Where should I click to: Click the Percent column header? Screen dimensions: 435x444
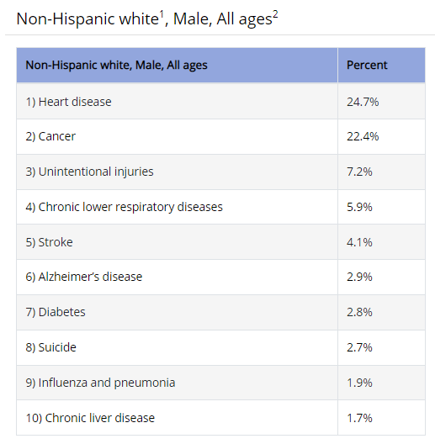(x=367, y=65)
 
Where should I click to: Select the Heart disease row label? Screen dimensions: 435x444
(x=68, y=102)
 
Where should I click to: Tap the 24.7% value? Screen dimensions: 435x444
(x=363, y=102)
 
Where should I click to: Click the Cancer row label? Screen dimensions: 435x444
(x=50, y=136)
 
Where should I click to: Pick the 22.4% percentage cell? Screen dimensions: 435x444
(x=363, y=136)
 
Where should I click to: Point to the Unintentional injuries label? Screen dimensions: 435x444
(x=89, y=172)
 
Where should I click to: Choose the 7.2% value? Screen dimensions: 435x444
(x=359, y=172)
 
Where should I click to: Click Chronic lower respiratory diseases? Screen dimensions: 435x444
(x=125, y=207)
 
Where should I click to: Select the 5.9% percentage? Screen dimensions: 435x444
(x=359, y=207)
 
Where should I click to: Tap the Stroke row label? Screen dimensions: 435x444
(x=49, y=242)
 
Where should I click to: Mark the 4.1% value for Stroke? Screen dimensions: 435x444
(x=359, y=242)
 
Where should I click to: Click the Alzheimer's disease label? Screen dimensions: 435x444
(x=83, y=277)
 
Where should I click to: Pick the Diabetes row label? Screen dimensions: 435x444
(x=56, y=312)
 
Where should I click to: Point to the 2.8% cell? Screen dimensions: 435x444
(x=359, y=312)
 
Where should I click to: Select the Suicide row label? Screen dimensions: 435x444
(x=50, y=347)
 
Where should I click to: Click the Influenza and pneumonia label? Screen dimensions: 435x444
(x=100, y=383)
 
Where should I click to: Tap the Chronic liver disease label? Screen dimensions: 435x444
(x=90, y=418)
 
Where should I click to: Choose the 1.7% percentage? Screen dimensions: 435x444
(x=359, y=418)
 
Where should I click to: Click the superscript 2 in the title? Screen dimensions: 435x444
(x=275, y=14)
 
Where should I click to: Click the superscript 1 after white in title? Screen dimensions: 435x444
(x=162, y=14)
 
